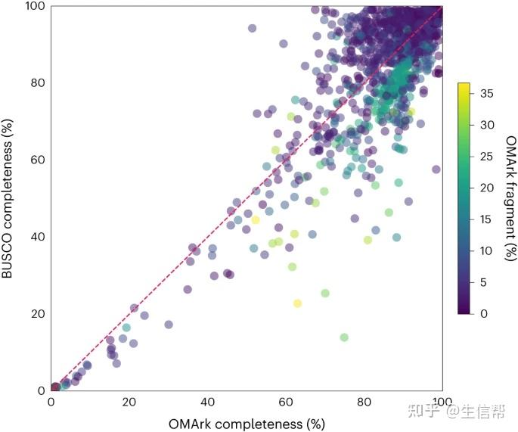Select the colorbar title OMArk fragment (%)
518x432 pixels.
511,197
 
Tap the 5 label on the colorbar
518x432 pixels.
483,281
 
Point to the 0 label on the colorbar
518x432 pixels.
483,313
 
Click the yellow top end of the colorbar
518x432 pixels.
464,85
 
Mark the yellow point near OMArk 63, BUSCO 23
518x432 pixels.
297,303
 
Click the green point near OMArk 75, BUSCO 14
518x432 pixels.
344,337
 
